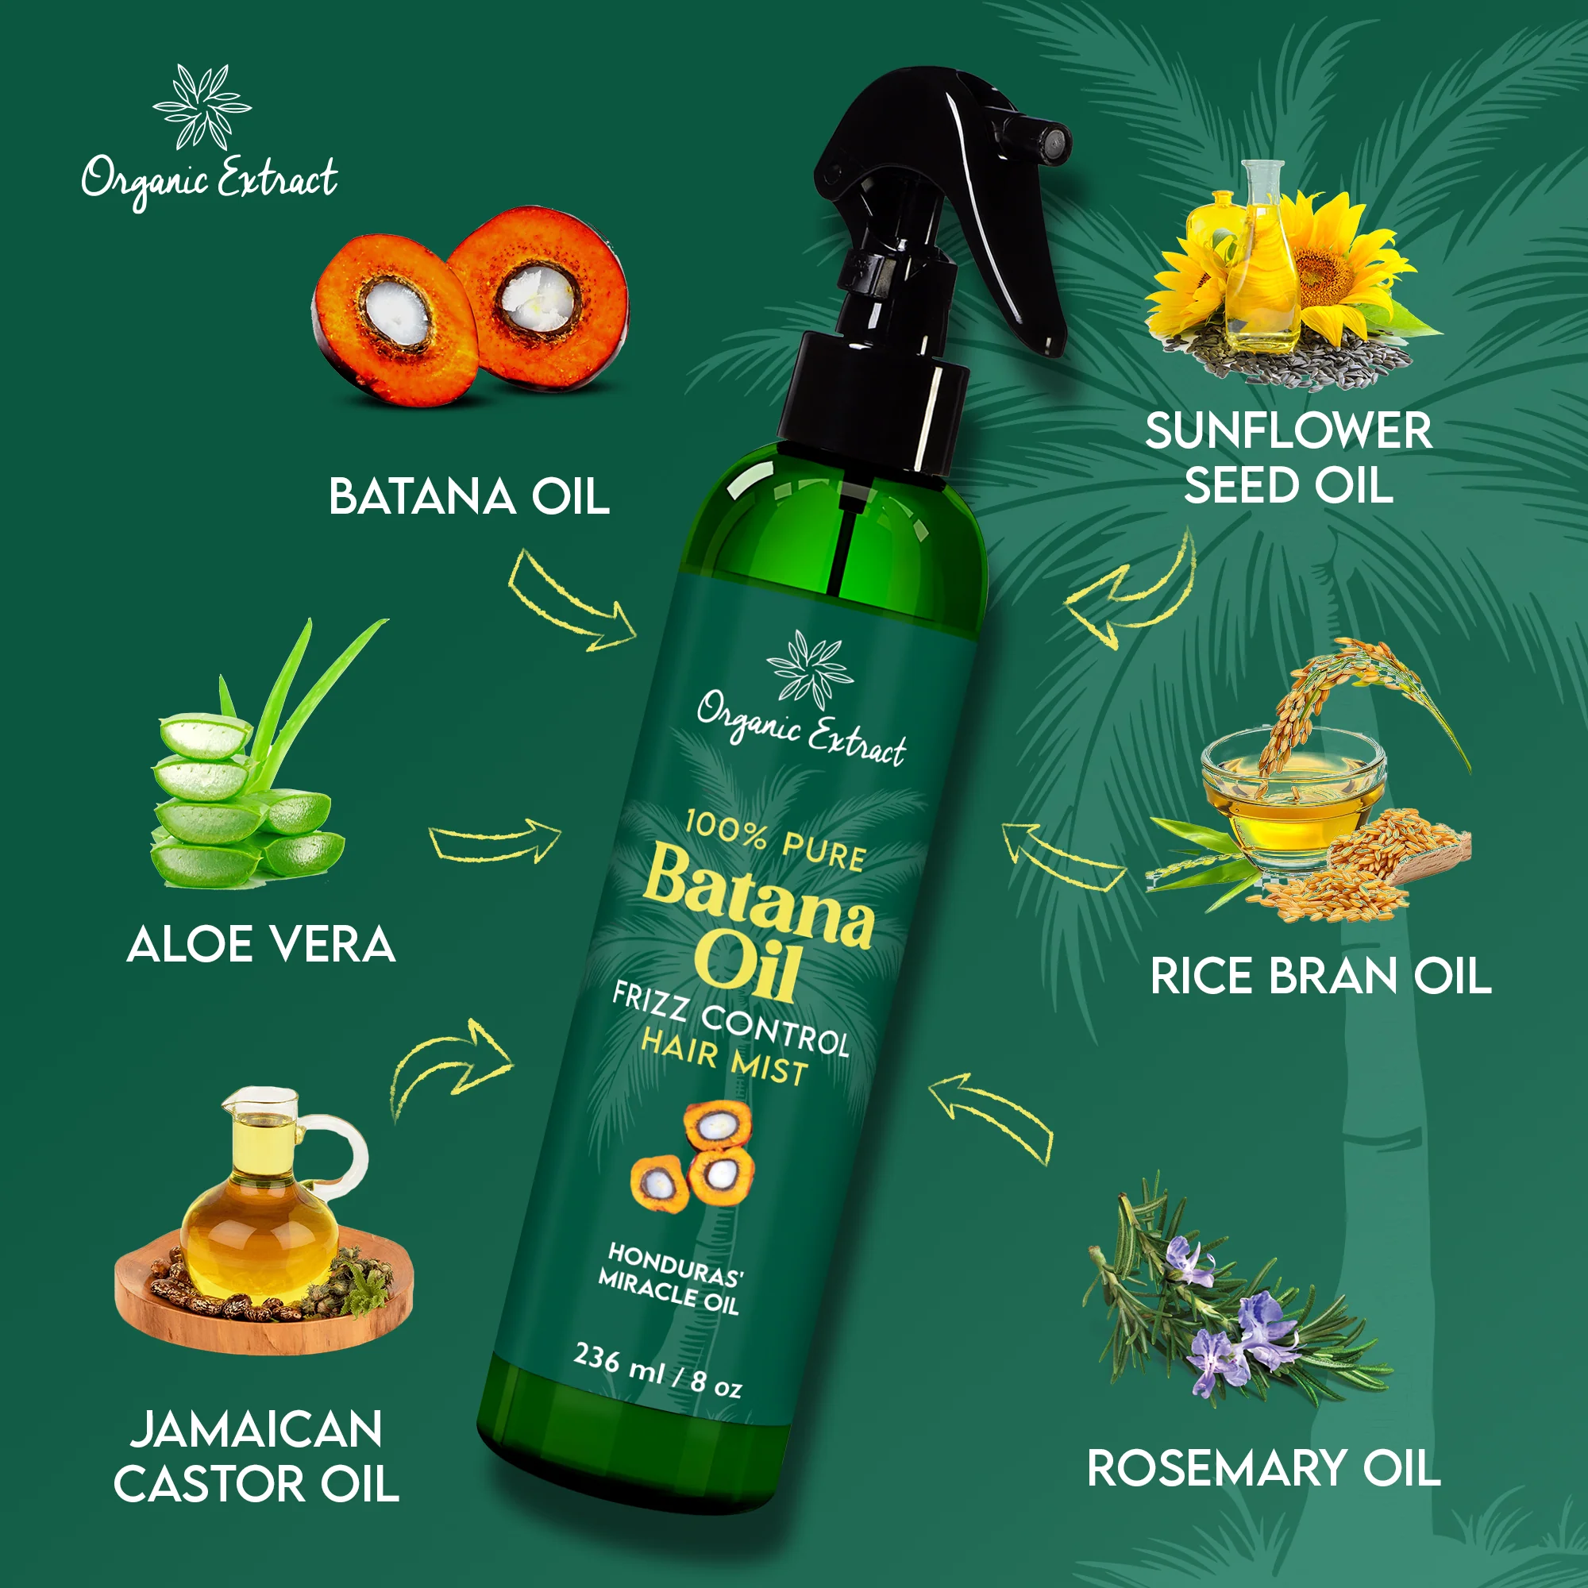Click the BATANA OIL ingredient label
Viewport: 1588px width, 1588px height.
pos(468,497)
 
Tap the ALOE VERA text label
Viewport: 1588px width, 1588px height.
pos(261,944)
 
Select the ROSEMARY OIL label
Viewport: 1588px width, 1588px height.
pos(1263,1469)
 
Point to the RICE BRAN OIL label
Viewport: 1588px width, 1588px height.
pos(1320,977)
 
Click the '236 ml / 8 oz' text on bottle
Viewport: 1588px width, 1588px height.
pos(657,1370)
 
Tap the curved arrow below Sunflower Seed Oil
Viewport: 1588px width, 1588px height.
pos(1130,592)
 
